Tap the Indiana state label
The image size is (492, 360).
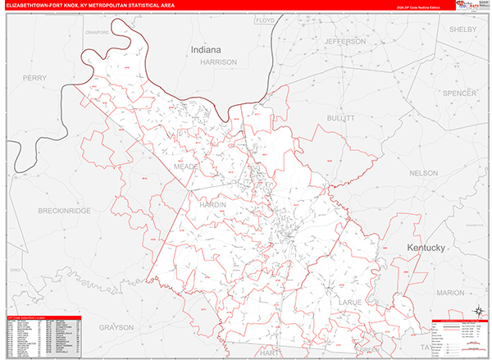click(206, 50)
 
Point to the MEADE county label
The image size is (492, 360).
click(187, 166)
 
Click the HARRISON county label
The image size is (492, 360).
click(218, 62)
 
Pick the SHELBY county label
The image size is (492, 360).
click(462, 29)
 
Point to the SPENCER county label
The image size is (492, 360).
click(459, 94)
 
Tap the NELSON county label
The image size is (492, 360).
click(424, 173)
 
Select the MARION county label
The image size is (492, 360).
click(450, 292)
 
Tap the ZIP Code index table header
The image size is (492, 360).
click(41, 317)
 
